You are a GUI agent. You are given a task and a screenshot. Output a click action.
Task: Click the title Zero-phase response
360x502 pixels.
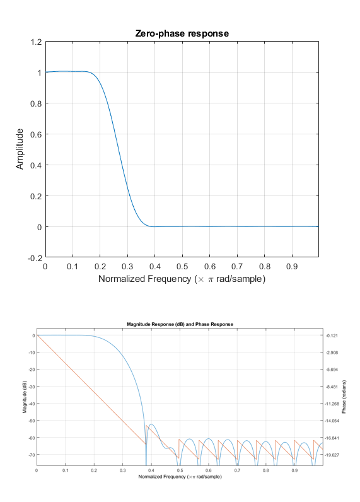tap(182, 33)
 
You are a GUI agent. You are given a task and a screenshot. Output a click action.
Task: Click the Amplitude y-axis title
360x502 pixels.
tap(21, 149)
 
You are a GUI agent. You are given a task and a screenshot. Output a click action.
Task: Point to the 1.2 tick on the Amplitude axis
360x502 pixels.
tap(35, 42)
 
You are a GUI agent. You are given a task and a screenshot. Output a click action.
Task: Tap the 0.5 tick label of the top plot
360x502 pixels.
tap(182, 267)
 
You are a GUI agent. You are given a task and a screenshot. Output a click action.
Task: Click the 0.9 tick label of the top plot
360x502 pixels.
tap(291, 267)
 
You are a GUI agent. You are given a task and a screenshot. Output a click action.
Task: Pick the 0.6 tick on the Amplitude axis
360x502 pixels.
tap(35, 134)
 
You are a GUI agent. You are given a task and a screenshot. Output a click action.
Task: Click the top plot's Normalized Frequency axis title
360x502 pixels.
tap(182, 279)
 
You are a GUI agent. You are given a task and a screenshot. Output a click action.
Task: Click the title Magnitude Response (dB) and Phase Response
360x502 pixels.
tap(180, 324)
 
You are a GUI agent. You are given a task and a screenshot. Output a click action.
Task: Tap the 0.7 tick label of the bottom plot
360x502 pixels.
tap(237, 470)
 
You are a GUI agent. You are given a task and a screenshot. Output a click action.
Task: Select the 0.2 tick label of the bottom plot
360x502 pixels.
tap(94, 470)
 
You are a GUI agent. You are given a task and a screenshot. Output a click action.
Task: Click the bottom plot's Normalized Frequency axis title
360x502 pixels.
tap(180, 476)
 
